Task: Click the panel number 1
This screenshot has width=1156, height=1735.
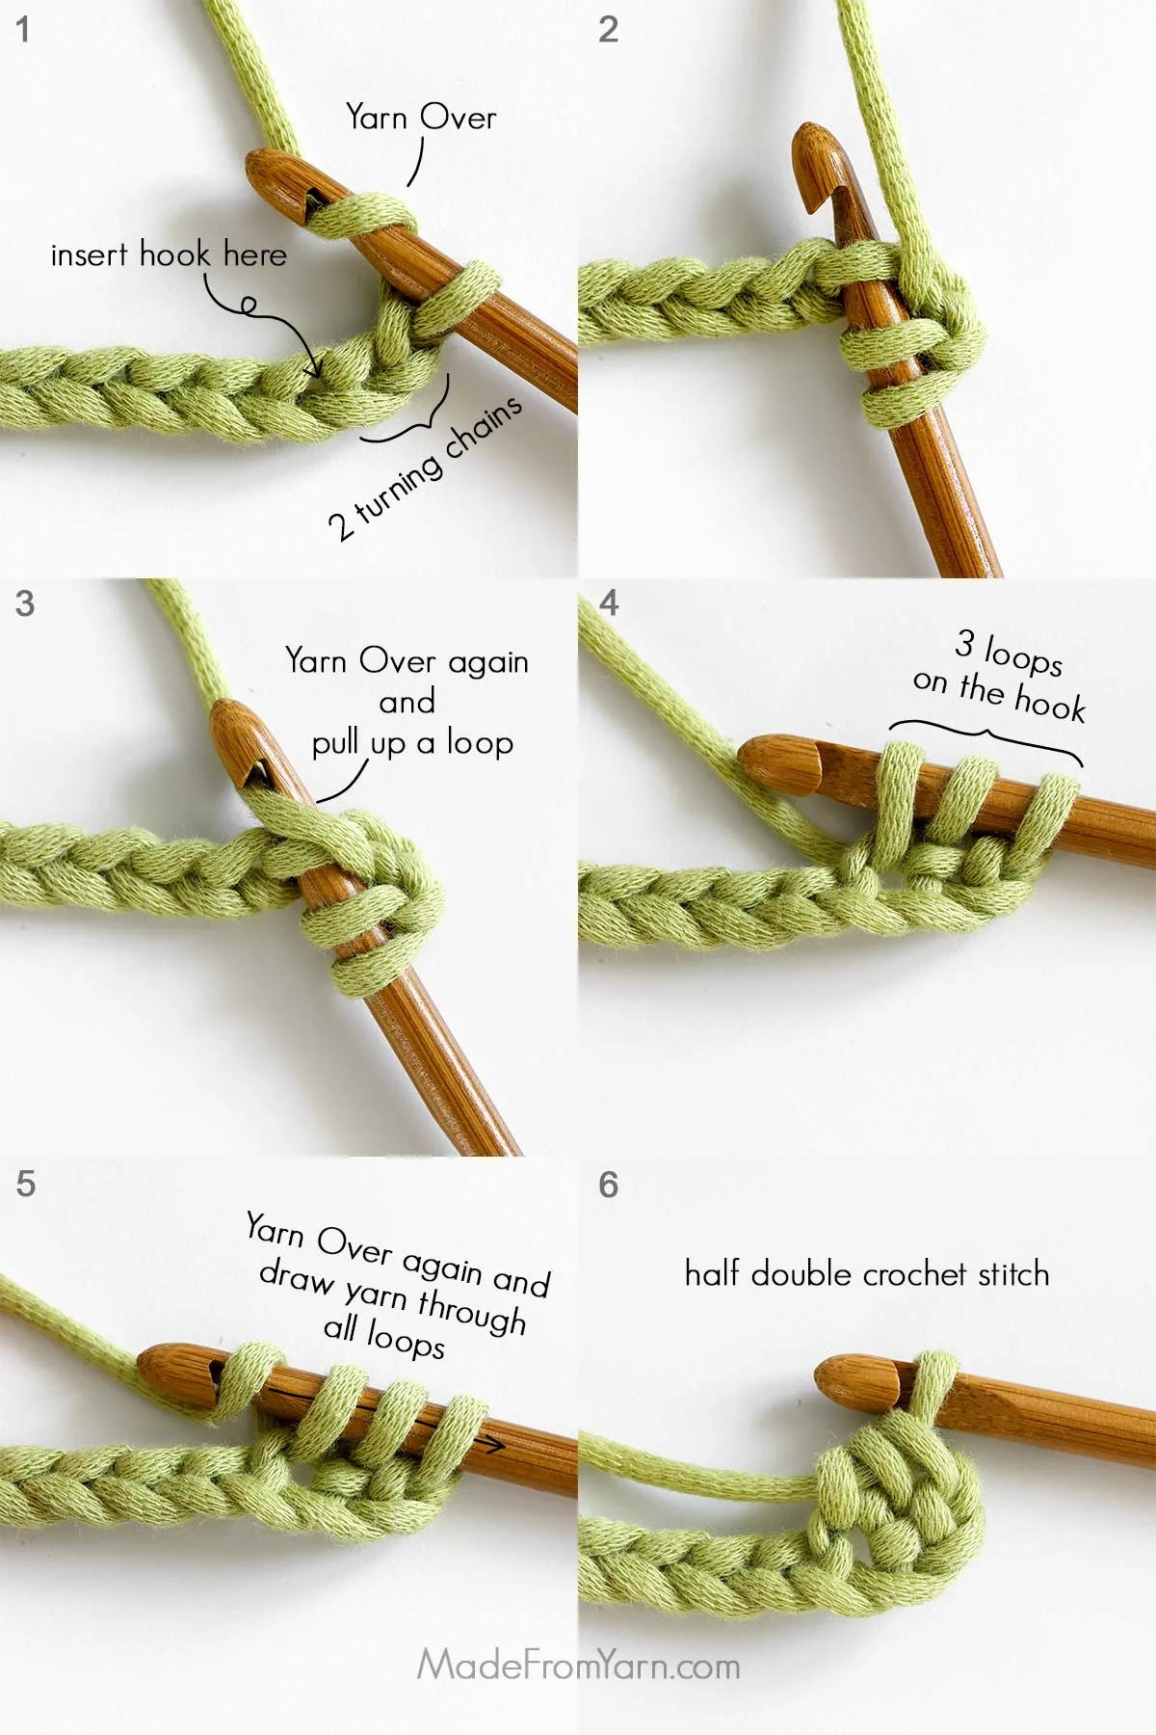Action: (x=23, y=30)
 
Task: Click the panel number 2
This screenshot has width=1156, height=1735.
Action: (x=608, y=30)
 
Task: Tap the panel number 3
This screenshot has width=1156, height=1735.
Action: (x=25, y=604)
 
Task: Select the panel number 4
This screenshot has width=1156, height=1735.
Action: (x=608, y=603)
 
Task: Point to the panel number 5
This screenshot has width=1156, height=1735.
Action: (x=26, y=1184)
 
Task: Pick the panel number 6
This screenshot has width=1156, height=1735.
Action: (x=608, y=1185)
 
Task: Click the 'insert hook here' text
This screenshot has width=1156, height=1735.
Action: (x=169, y=254)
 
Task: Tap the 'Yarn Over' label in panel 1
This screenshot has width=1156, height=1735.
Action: (x=421, y=118)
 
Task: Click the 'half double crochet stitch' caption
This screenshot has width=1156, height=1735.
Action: (x=866, y=1273)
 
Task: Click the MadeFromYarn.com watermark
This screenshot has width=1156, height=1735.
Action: (x=578, y=1665)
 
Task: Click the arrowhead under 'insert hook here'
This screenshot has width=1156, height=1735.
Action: (x=312, y=370)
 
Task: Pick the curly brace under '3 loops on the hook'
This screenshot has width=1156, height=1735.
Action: (x=985, y=738)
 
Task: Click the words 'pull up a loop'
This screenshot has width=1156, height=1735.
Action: (x=412, y=743)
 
